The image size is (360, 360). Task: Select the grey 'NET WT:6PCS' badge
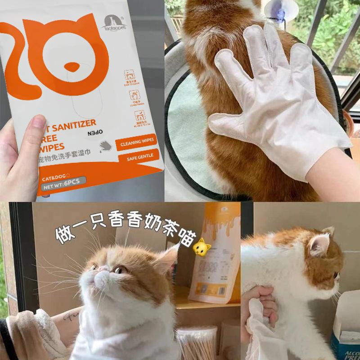63,184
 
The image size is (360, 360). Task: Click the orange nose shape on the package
72,67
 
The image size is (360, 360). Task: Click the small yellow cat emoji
201,247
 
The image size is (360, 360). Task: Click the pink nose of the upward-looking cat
104,269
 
